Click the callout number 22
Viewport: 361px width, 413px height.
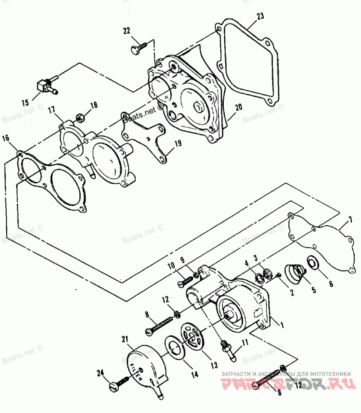pos(127,31)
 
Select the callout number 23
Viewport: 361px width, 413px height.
pos(260,17)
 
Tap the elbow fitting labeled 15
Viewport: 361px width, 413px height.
pos(46,85)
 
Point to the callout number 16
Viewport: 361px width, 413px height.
pos(5,138)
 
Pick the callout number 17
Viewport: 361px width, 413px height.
pos(51,110)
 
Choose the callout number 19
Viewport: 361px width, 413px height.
pos(178,144)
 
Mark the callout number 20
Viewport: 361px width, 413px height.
pos(239,107)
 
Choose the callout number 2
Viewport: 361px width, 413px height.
pos(292,292)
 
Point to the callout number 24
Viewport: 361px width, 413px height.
pos(100,373)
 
